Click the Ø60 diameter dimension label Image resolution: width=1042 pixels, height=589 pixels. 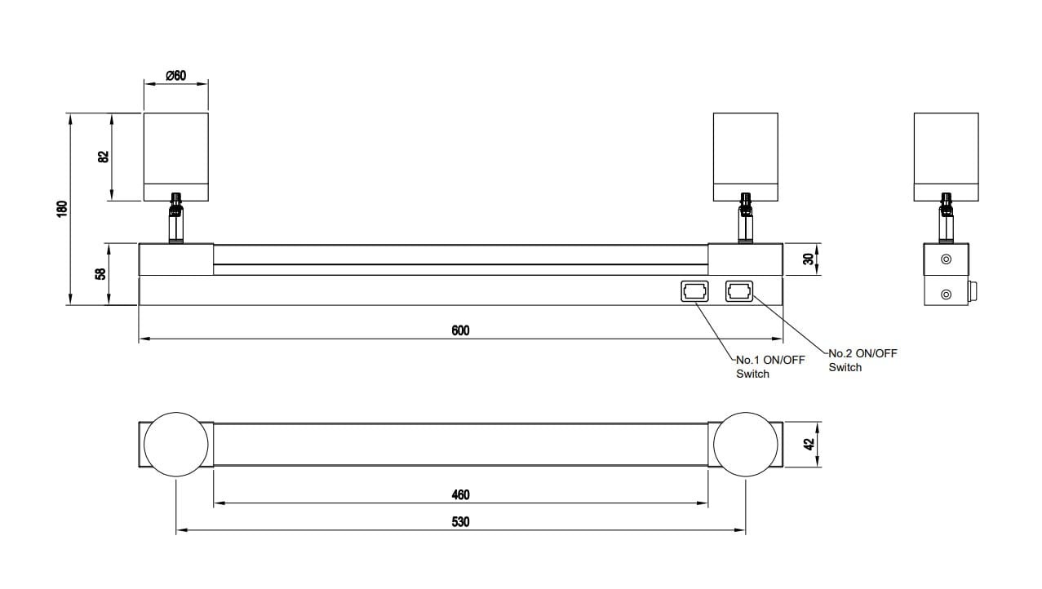(175, 75)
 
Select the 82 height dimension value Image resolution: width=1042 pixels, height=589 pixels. (104, 157)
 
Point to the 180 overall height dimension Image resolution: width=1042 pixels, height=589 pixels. (62, 209)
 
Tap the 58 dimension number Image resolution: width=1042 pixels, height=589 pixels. (100, 273)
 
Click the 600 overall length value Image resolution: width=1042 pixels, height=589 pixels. (460, 330)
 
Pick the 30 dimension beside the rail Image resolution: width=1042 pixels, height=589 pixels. (809, 259)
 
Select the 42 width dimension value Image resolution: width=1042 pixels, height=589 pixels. (809, 445)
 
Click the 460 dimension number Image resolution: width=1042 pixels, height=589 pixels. (460, 494)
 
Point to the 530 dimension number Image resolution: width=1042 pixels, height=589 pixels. (460, 521)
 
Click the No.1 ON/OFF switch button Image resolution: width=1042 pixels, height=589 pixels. (695, 292)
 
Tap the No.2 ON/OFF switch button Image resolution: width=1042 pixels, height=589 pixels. (739, 291)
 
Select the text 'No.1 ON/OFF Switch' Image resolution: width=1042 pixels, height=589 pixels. (770, 366)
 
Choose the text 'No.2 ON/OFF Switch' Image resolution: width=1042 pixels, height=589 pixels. (863, 360)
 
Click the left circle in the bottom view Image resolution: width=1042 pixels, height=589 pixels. (175, 445)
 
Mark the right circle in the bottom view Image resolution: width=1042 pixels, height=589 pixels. (746, 445)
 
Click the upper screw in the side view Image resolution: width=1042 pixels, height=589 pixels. (947, 259)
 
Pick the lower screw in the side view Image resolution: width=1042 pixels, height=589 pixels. (947, 294)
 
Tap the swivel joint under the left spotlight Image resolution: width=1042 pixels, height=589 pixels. (175, 218)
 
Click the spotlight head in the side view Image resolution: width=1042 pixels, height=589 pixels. (947, 157)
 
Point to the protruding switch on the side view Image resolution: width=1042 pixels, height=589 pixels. (973, 291)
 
